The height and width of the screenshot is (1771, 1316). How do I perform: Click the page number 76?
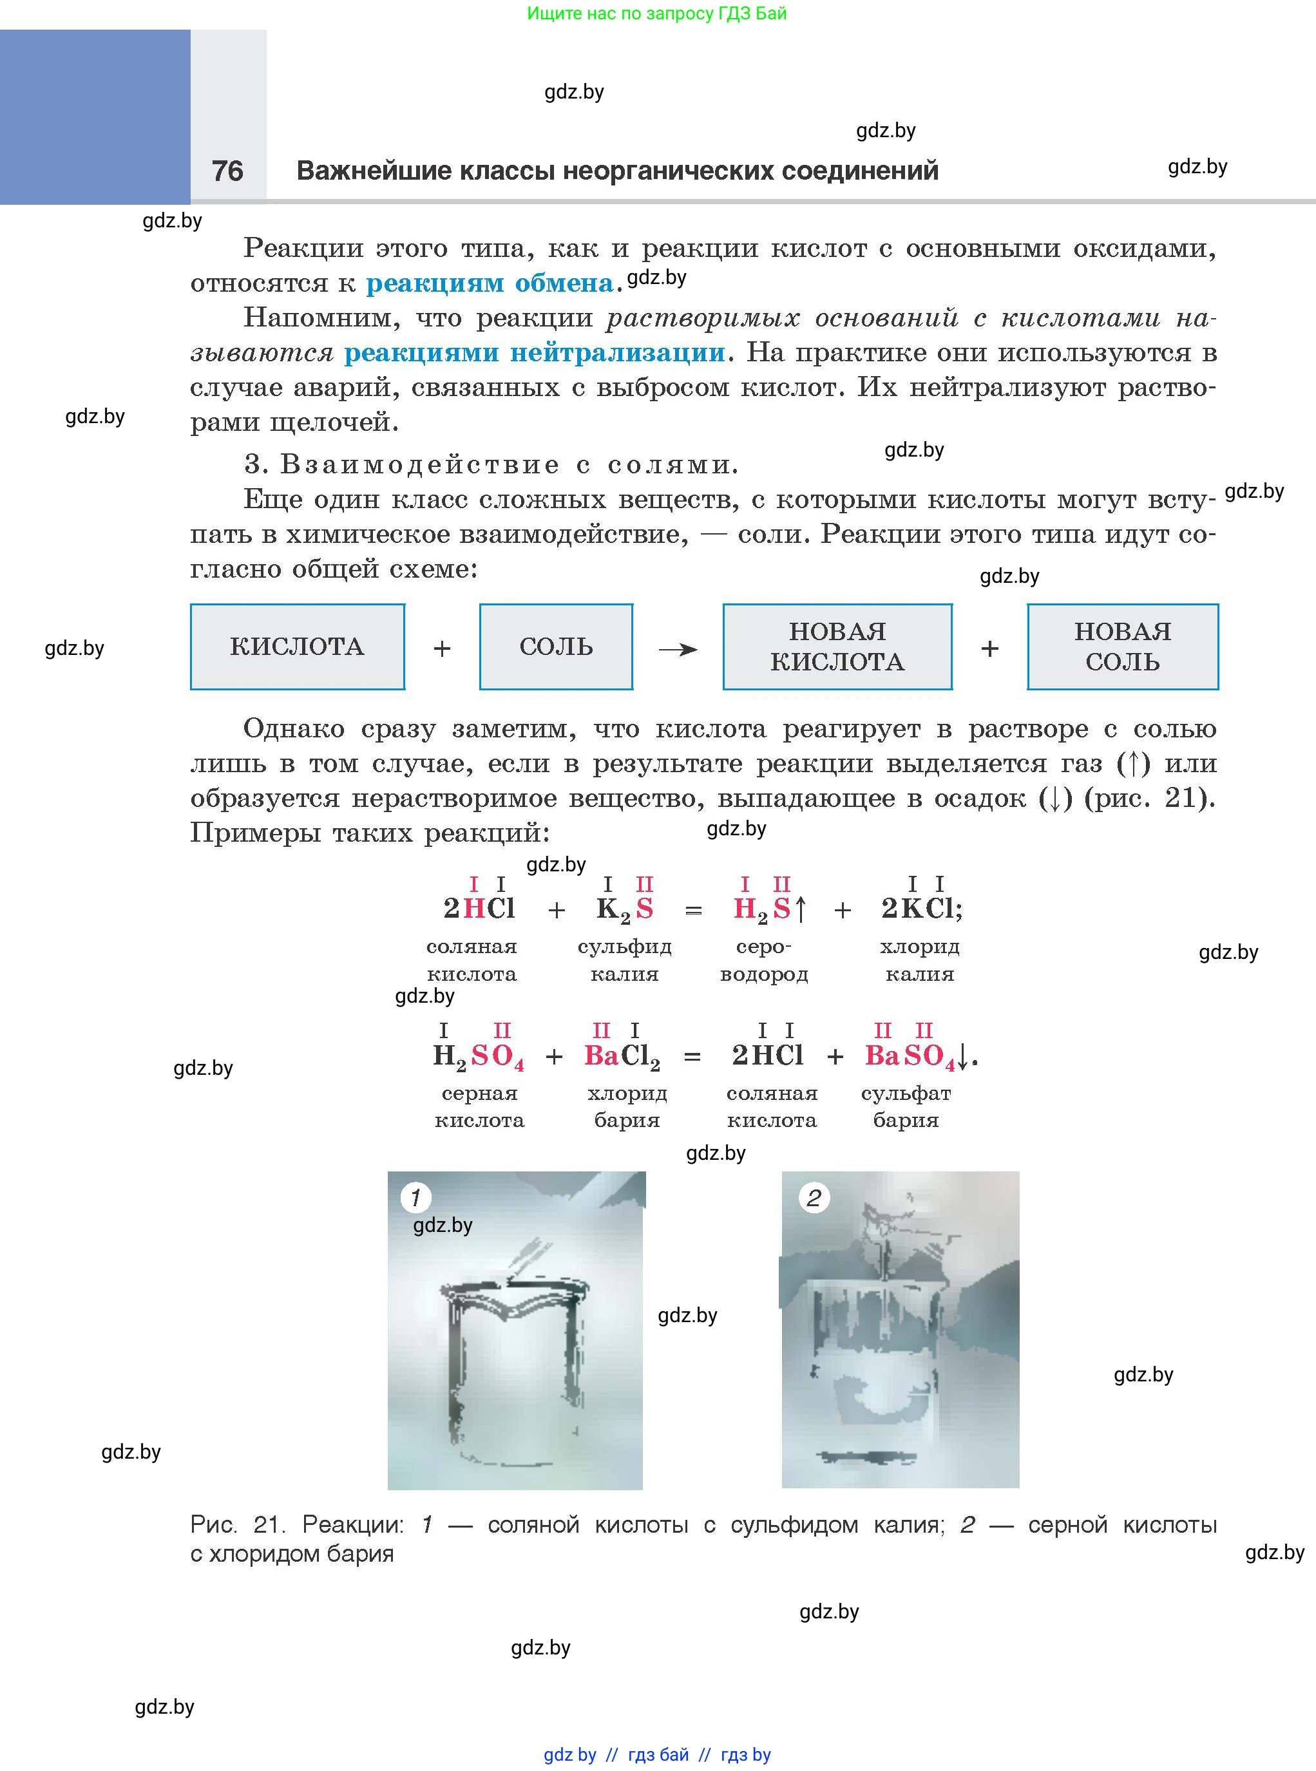coord(227,171)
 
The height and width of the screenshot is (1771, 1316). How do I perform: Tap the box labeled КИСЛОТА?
coord(297,646)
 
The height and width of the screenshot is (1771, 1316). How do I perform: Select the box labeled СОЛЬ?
coord(556,646)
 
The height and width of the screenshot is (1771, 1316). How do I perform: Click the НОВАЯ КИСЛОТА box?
coord(837,646)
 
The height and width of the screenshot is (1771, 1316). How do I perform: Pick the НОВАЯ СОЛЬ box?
coord(1122,646)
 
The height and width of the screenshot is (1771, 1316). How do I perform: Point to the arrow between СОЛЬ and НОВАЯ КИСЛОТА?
coord(678,650)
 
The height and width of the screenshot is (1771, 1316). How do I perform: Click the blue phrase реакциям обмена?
coord(489,283)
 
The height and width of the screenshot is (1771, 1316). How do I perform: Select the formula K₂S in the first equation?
coord(625,909)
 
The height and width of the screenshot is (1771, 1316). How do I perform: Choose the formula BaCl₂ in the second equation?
coord(622,1056)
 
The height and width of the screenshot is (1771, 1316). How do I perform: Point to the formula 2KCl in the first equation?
coord(920,909)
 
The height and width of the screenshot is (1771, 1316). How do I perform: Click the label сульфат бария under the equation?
coord(906,1106)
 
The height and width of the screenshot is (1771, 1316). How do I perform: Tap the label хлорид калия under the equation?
coord(920,960)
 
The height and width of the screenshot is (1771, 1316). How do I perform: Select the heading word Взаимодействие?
coord(420,464)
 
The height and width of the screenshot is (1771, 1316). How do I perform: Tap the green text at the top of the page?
coord(656,14)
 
